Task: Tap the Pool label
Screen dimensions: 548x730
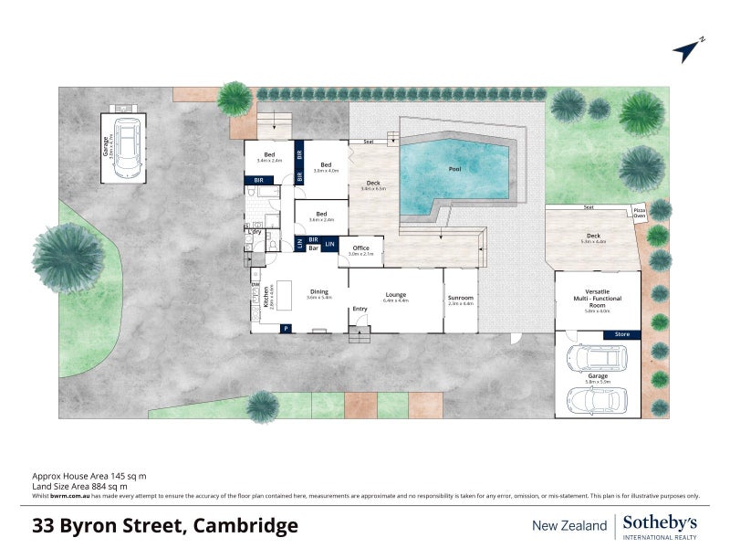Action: click(454, 169)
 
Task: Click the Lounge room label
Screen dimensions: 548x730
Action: click(396, 295)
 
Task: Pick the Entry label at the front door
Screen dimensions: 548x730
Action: click(360, 309)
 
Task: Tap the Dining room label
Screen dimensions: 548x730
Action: click(318, 293)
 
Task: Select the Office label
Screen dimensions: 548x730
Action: click(360, 248)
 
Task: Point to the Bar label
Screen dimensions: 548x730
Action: click(312, 248)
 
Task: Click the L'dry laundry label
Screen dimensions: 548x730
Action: click(255, 231)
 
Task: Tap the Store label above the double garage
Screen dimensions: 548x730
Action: click(621, 335)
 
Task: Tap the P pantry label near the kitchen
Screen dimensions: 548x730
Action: click(287, 328)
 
